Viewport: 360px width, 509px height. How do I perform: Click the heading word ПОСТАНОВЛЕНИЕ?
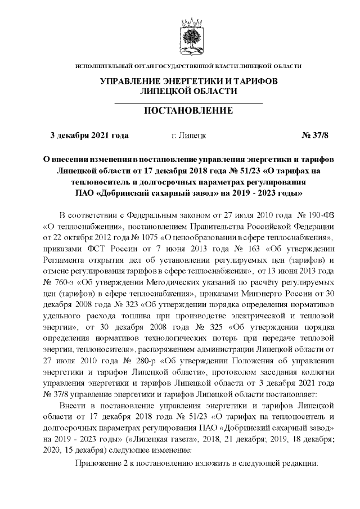click(x=188, y=110)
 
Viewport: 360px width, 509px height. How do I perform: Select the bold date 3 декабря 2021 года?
click(x=89, y=135)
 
